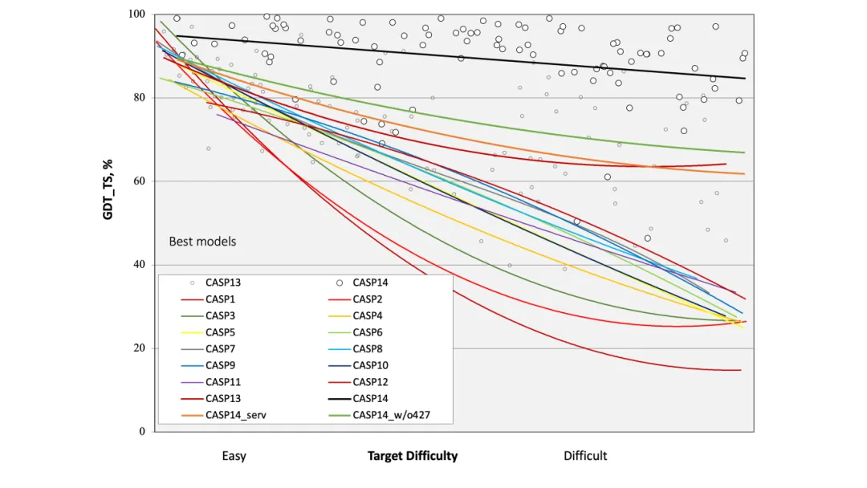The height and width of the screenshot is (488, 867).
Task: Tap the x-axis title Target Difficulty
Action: [x=413, y=456]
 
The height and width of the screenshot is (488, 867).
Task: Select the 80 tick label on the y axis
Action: [x=139, y=98]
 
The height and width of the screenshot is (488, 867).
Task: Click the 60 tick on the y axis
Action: [x=139, y=181]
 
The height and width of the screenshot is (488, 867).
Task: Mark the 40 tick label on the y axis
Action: [x=139, y=265]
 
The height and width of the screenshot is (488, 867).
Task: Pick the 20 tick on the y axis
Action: [x=139, y=348]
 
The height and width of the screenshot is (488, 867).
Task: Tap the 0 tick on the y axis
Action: [x=142, y=432]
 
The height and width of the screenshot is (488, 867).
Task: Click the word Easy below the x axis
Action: [x=234, y=456]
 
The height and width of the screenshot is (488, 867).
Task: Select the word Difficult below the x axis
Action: [x=585, y=456]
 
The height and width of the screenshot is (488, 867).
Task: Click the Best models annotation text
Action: [x=202, y=241]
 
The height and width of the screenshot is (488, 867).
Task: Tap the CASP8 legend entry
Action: [x=368, y=349]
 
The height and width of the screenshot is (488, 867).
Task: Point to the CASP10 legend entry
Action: [x=371, y=365]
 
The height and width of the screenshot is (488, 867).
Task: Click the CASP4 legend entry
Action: [x=368, y=315]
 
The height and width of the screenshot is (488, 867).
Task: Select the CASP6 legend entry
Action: [x=368, y=332]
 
